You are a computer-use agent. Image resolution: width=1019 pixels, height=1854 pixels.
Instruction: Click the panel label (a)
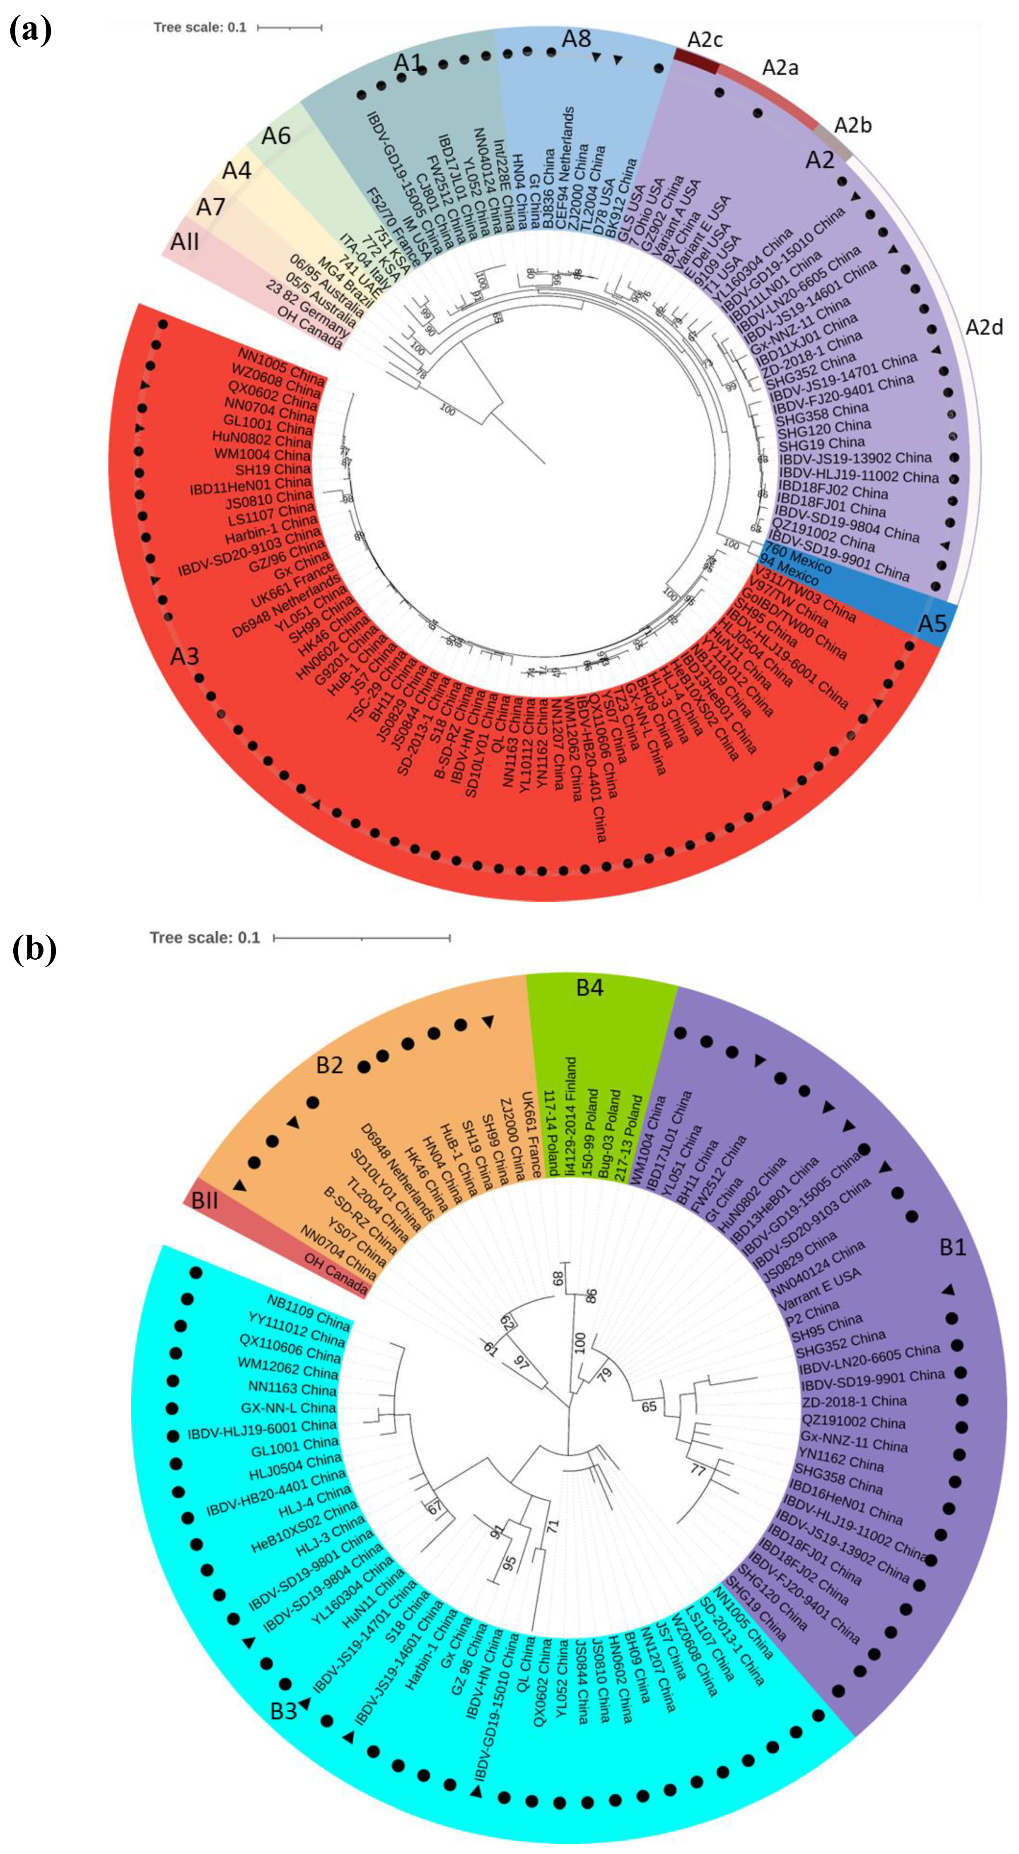[30, 31]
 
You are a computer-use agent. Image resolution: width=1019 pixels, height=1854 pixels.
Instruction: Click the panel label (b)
[34, 950]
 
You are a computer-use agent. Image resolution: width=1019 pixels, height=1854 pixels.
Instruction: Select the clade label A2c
[705, 40]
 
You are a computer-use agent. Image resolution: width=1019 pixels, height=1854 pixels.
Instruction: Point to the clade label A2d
[984, 327]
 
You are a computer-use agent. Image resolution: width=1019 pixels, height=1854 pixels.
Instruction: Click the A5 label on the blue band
[932, 622]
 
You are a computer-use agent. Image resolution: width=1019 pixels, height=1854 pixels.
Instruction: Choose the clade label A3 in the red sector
[185, 656]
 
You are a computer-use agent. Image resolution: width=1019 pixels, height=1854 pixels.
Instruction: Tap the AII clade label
[185, 241]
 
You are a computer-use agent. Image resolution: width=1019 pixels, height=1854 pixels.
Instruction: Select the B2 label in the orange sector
[330, 1065]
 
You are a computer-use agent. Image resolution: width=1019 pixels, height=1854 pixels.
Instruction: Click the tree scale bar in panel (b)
[361, 939]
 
